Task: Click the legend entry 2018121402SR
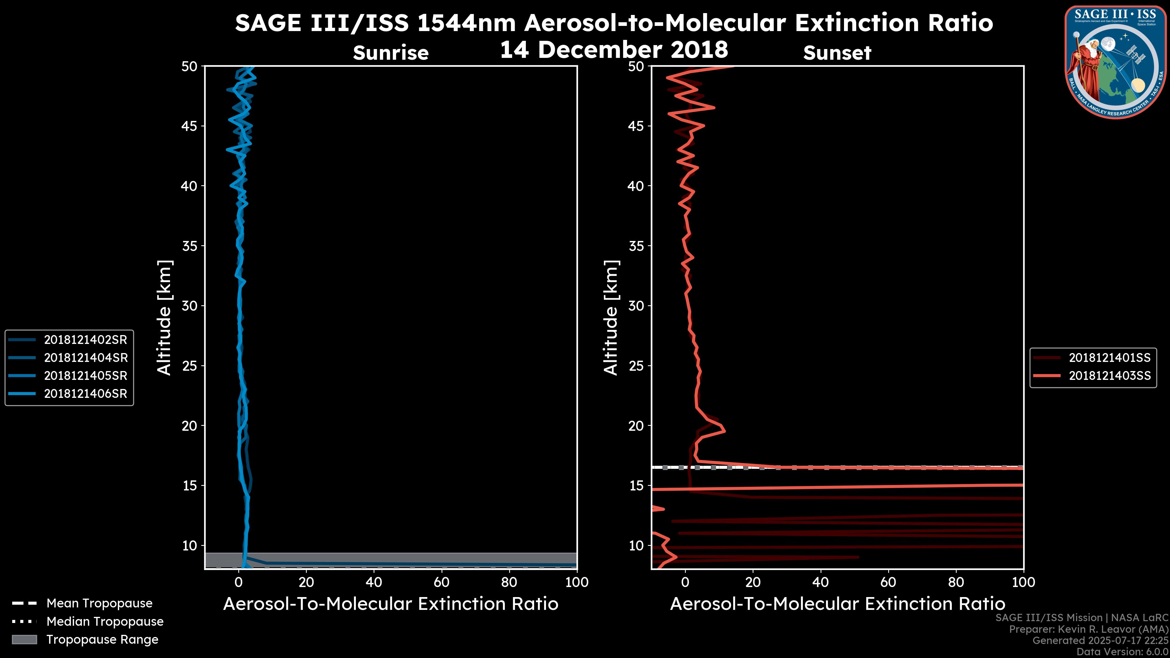(85, 340)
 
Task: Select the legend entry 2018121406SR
(85, 394)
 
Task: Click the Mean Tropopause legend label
(99, 603)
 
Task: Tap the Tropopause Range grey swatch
(24, 640)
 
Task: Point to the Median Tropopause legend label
(105, 622)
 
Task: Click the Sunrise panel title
(391, 53)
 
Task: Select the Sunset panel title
(837, 53)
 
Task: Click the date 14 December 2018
(614, 49)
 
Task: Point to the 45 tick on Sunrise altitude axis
(190, 126)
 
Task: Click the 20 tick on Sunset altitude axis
(636, 426)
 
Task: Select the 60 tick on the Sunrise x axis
(441, 582)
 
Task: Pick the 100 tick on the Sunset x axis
(1023, 582)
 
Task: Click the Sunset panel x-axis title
(837, 604)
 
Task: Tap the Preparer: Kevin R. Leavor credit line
(1088, 629)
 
